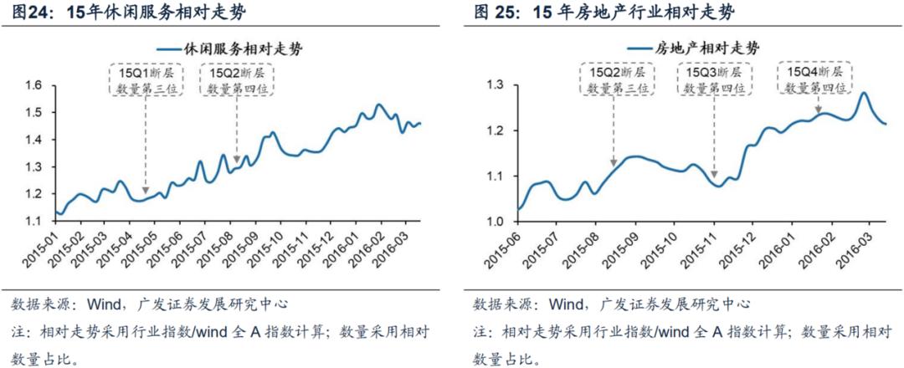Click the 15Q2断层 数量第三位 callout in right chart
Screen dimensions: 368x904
614,81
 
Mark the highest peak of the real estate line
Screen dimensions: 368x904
862,93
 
